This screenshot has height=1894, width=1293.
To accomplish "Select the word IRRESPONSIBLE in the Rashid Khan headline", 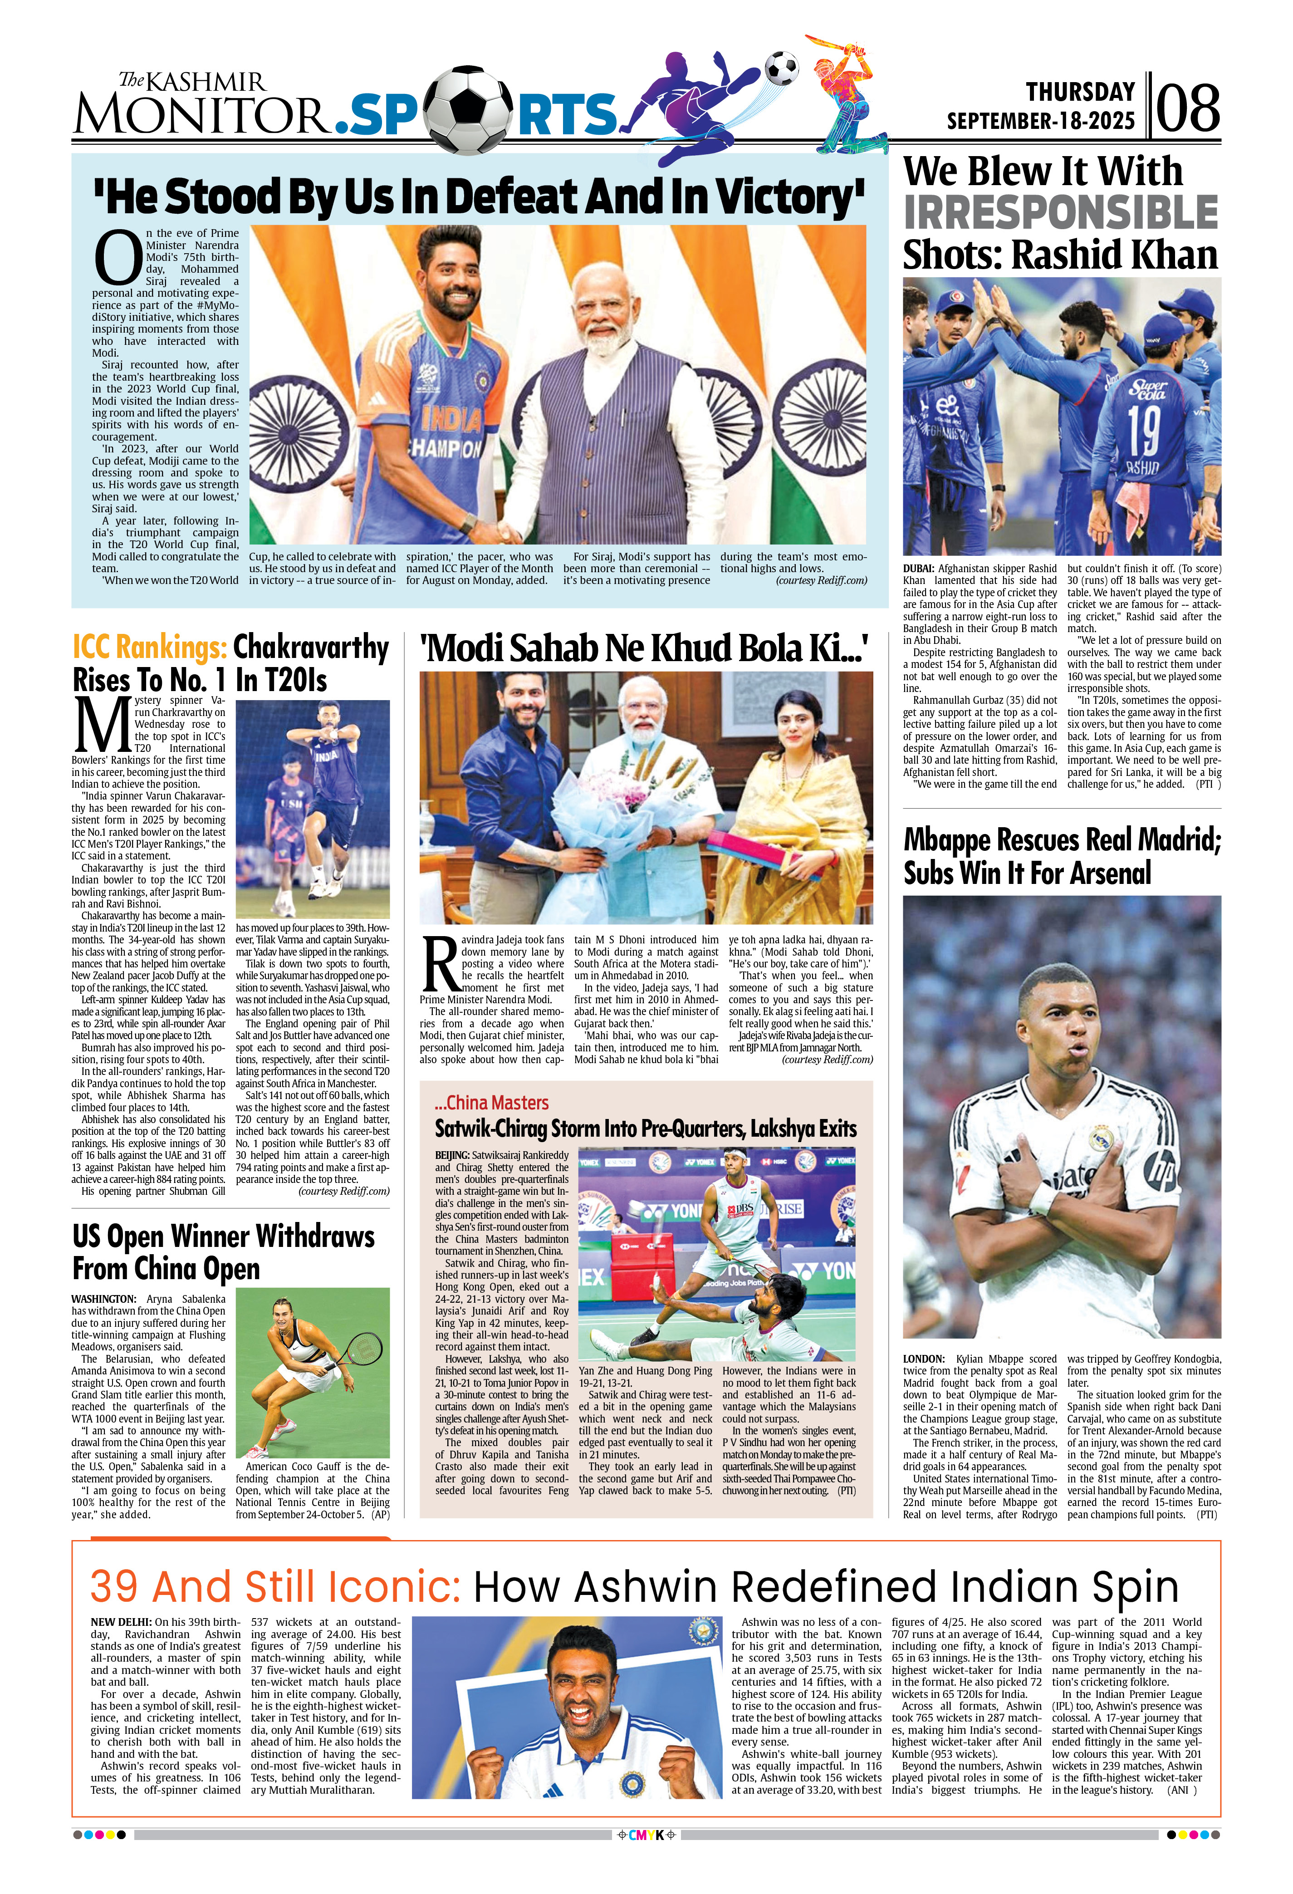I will pos(1060,214).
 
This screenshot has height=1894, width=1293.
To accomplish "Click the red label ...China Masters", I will pos(491,1103).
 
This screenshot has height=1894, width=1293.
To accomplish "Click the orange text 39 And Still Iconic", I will pos(275,1587).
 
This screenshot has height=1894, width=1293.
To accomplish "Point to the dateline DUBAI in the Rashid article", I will pos(918,569).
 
